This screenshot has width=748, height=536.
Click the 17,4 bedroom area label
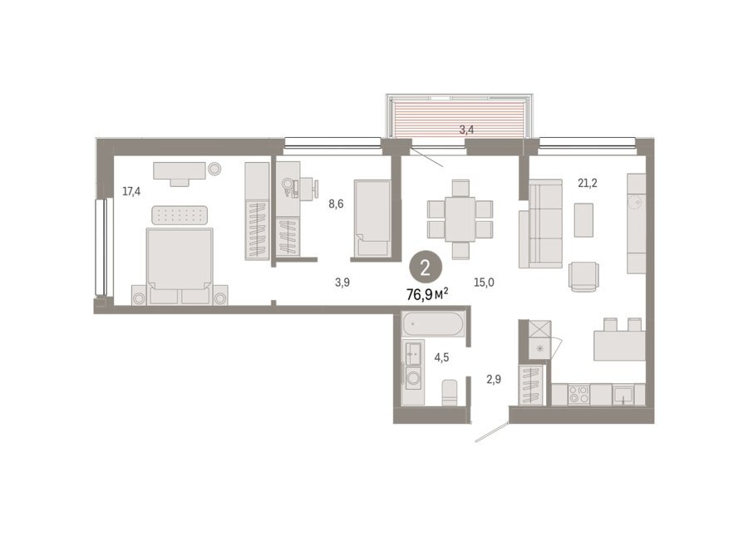[131, 192]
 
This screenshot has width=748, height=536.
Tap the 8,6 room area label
[336, 204]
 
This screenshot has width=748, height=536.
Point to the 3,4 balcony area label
[466, 130]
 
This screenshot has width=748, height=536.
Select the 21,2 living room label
[588, 183]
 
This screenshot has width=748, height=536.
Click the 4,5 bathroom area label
[441, 357]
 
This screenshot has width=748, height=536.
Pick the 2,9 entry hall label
[494, 380]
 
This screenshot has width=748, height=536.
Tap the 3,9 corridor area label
[342, 283]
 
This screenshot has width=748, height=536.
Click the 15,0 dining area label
[484, 283]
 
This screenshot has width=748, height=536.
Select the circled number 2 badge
[425, 268]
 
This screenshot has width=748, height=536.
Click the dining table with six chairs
[460, 219]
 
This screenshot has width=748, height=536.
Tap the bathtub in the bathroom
[433, 324]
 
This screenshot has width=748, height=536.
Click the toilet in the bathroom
[450, 392]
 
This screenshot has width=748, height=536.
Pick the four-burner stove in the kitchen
[578, 395]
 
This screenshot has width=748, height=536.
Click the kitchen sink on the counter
[623, 395]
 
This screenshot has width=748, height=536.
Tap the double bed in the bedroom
[180, 266]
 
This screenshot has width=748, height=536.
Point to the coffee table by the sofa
[584, 220]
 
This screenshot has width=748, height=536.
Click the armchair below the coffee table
[583, 277]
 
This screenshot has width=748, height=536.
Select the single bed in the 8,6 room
[372, 219]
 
